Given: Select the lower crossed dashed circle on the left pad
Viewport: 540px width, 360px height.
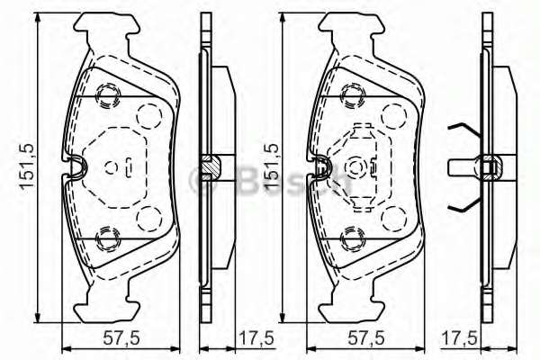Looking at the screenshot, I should pyautogui.click(x=108, y=237).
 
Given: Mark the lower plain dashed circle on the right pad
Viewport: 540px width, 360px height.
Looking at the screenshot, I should pyautogui.click(x=392, y=217).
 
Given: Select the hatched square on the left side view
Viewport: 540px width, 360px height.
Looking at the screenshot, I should pyautogui.click(x=210, y=166).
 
